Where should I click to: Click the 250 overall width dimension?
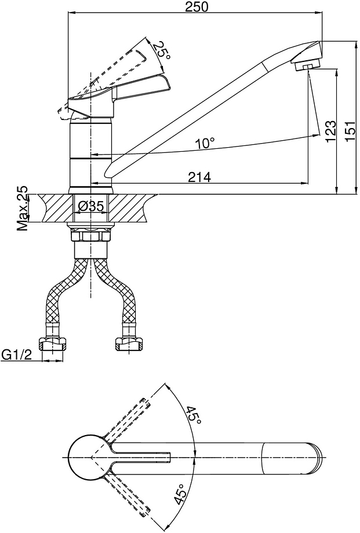click(196, 6)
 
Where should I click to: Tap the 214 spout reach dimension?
click(200, 177)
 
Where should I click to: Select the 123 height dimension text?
click(330, 132)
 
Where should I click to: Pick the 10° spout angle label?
click(205, 143)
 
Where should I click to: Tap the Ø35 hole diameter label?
click(90, 206)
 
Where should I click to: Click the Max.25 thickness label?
click(23, 209)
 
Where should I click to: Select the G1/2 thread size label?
click(17, 355)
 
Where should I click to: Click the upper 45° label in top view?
click(193, 414)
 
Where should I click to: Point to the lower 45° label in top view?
click(180, 495)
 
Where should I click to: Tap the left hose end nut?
click(52, 344)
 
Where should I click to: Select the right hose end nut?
click(129, 344)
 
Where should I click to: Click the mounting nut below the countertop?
click(90, 235)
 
